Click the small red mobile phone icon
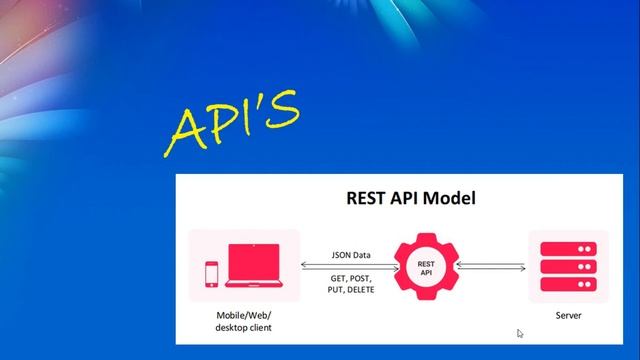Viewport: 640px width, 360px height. coord(211,273)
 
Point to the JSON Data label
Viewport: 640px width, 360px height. coord(351,255)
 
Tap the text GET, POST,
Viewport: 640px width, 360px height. coord(351,277)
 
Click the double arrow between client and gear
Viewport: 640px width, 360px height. coord(351,266)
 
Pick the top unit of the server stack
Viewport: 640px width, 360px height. coord(568,249)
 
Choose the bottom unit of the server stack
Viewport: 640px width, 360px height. coord(568,283)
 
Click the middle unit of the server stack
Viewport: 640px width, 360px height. coord(568,266)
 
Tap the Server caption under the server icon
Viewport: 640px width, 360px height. coord(568,316)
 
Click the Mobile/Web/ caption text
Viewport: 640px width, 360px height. coord(244,316)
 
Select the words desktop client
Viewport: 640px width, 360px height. coord(244,327)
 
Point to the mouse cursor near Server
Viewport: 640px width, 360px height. coord(520,333)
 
